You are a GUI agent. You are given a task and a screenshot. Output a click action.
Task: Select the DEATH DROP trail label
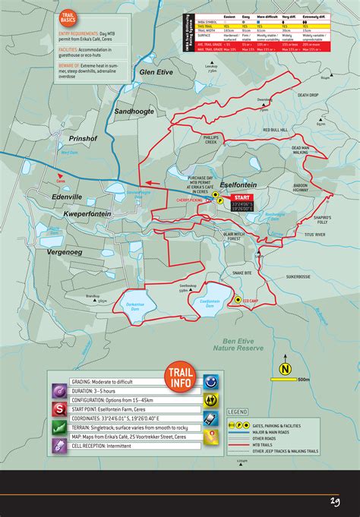tap(309, 95)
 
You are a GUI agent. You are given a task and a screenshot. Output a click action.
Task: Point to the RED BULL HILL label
tap(274, 131)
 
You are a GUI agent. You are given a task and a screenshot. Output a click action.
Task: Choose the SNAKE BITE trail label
tap(242, 272)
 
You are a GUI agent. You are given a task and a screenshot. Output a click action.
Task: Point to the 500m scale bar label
tap(304, 380)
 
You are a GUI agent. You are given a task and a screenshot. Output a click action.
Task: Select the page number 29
tap(334, 500)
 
